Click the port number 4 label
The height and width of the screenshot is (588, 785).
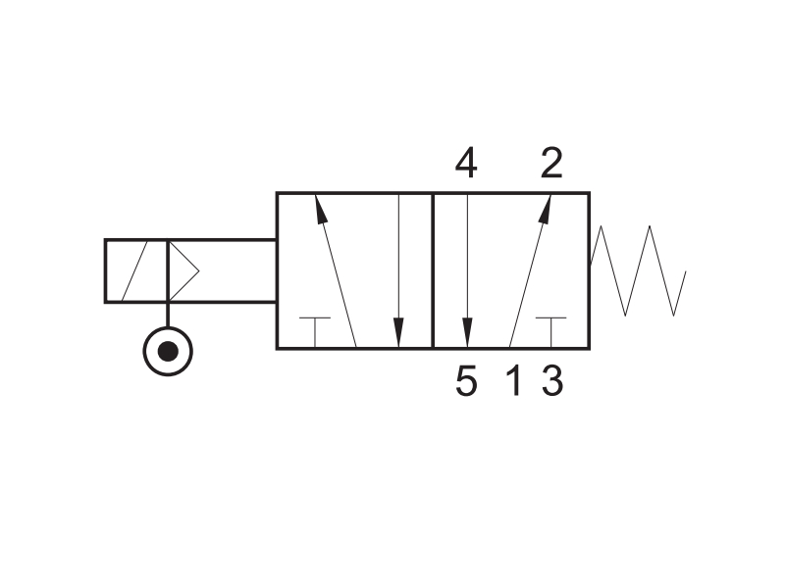pos(465,163)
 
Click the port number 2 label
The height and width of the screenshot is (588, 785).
pos(551,163)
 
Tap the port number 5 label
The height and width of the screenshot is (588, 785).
pos(466,381)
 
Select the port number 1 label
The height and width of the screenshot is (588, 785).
pos(514,381)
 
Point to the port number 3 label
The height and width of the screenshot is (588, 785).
pos(552,381)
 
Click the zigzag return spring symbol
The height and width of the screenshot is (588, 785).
pos(638,270)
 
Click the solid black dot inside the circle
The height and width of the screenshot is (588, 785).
pos(168,351)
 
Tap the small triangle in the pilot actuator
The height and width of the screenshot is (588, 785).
pos(183,271)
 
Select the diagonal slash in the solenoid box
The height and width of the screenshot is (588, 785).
pos(134,271)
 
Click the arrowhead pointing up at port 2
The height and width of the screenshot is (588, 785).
pos(546,209)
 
